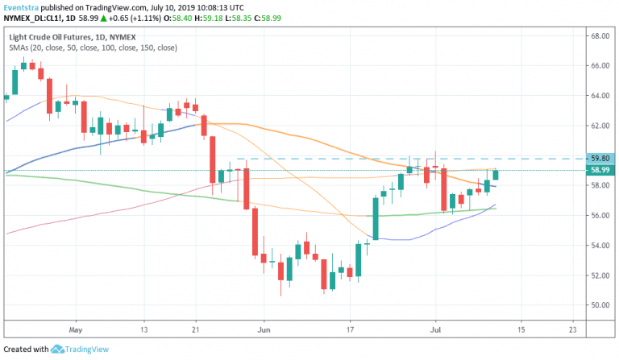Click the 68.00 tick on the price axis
click(x=599, y=36)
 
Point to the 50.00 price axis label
click(x=599, y=306)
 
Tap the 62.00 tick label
click(x=599, y=126)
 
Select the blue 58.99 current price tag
click(x=600, y=170)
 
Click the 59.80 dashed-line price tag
click(x=600, y=159)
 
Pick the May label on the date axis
click(x=77, y=329)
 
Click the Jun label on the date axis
click(x=264, y=329)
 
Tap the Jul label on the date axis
click(x=436, y=329)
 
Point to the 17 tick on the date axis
click(x=351, y=329)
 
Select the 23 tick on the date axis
click(x=572, y=329)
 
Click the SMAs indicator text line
click(x=93, y=48)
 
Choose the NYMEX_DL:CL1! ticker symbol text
click(x=33, y=18)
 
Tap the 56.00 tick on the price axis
click(x=599, y=216)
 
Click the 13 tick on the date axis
click(x=143, y=329)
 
